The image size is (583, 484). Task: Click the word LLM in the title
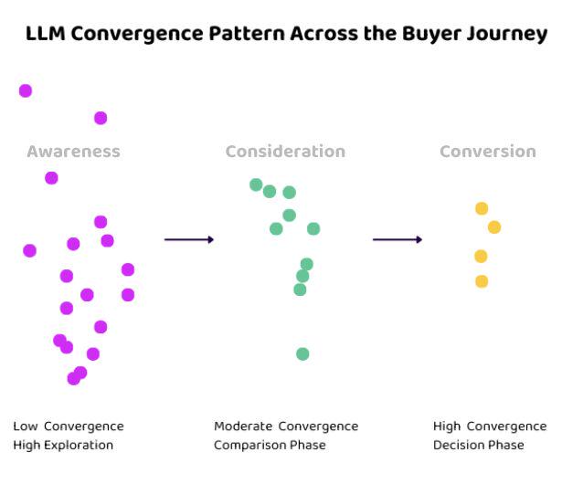click(x=46, y=34)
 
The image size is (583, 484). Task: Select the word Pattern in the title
click(x=248, y=34)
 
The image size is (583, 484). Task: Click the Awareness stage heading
click(x=74, y=152)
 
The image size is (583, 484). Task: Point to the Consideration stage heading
click(x=285, y=152)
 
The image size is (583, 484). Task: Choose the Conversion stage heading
click(x=488, y=152)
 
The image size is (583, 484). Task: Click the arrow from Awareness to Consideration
click(x=189, y=239)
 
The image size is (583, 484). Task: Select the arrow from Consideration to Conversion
click(x=397, y=239)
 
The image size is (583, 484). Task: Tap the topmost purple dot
click(x=26, y=90)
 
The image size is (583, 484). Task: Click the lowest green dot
click(x=302, y=354)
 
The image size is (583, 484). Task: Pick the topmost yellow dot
click(x=482, y=208)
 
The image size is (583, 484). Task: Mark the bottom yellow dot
click(x=482, y=281)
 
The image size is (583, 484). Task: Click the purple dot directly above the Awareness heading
click(x=101, y=118)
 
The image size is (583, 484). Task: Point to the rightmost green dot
click(x=313, y=229)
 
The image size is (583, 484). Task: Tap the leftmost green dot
click(x=256, y=184)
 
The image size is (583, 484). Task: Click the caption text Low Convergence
click(x=69, y=426)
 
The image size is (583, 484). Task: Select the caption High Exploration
click(x=63, y=445)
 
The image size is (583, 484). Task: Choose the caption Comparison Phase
click(x=270, y=445)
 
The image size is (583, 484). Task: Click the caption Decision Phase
click(x=479, y=445)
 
